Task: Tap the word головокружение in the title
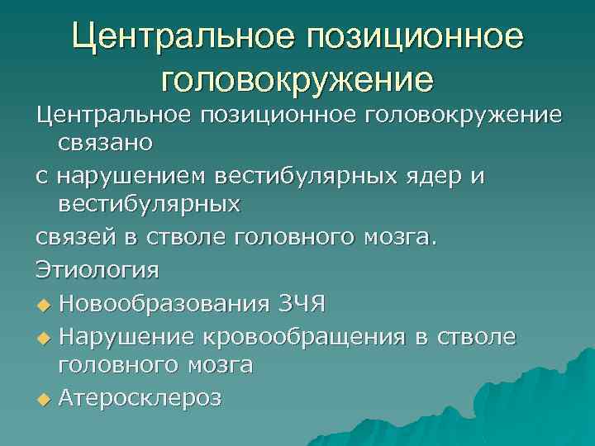click(x=297, y=78)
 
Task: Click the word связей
click(x=79, y=236)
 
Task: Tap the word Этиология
click(x=98, y=269)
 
